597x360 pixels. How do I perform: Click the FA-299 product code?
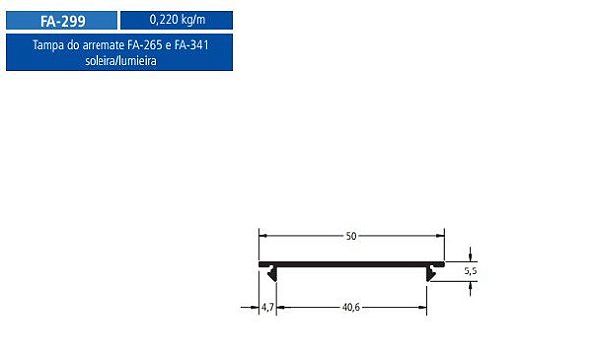coord(63,21)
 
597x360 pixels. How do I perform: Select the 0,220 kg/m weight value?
coord(177,20)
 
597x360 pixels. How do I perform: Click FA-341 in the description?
coord(191,45)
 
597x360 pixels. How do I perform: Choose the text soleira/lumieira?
coord(120,60)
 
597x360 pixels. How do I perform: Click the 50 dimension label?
coord(351,236)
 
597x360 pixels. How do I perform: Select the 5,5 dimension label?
coord(471,271)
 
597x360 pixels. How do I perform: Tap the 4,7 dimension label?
coord(268,307)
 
